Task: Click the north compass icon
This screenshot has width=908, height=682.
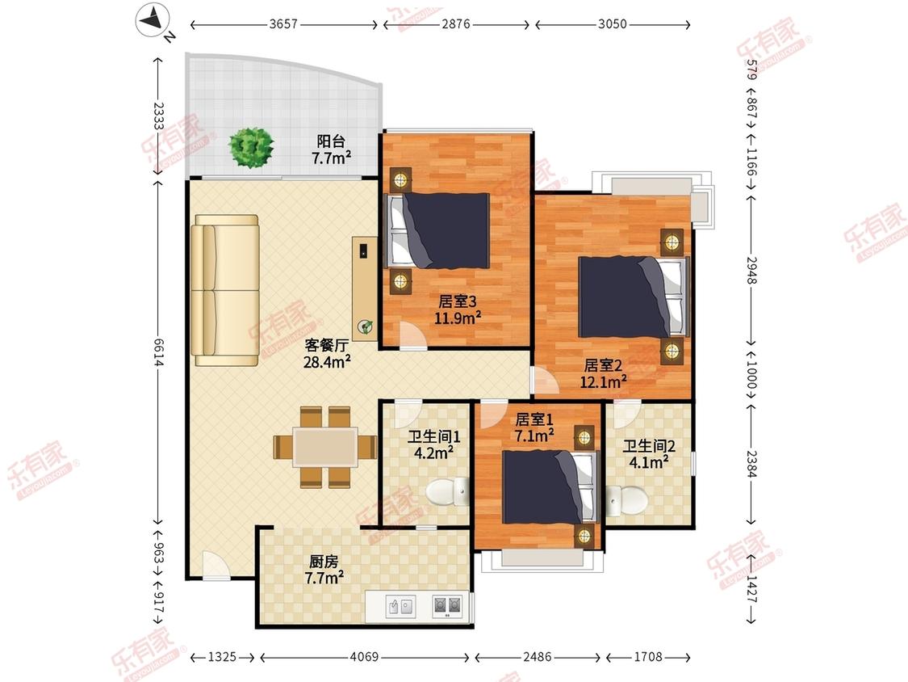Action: click(153, 20)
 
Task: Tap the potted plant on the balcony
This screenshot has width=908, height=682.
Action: click(251, 148)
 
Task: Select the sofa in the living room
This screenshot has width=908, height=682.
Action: click(225, 291)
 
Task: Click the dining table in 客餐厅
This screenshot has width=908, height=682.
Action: click(325, 447)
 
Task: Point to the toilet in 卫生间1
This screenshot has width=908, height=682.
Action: click(448, 492)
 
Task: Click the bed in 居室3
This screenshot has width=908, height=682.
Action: click(438, 231)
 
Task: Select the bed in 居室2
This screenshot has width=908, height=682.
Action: click(634, 297)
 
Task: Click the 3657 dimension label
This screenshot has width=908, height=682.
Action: click(283, 24)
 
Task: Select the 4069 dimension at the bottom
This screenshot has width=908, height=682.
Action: click(364, 657)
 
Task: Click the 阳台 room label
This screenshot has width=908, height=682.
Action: click(331, 141)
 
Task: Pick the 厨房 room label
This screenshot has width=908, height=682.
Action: click(324, 562)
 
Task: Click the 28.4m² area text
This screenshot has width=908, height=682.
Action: click(327, 362)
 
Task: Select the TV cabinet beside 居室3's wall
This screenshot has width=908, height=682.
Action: click(365, 288)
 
